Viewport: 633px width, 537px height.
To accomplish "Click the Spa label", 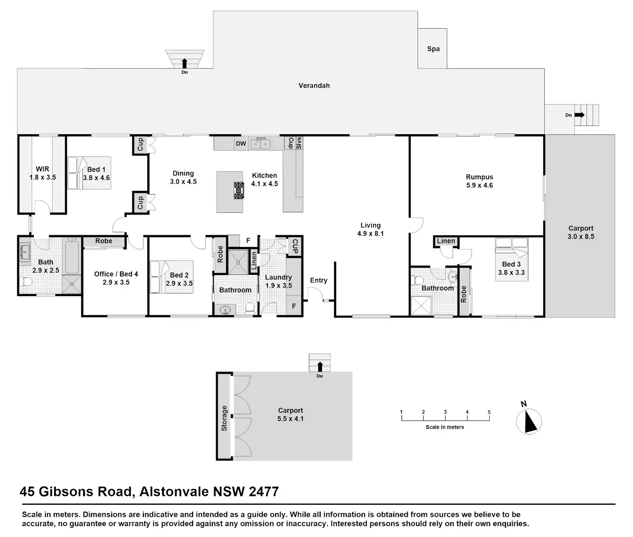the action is coord(433,49).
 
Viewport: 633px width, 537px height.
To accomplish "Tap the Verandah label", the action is coord(314,86).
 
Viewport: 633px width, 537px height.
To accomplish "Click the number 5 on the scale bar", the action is coord(489,412).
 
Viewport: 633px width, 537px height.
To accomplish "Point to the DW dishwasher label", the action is coord(241,144).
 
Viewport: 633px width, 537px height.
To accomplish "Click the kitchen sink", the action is coord(261,143).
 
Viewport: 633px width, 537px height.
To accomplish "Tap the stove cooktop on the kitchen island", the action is coord(239,190).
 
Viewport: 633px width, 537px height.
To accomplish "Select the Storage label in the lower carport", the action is coord(224,418).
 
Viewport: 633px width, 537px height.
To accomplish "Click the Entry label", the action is coord(319,280).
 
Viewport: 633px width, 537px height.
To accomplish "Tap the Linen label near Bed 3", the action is coord(446,241).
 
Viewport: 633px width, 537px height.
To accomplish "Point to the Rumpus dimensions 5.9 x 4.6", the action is coord(479,185).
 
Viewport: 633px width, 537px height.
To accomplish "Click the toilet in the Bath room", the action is coord(26,282).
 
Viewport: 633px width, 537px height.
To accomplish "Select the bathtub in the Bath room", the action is coord(72,257).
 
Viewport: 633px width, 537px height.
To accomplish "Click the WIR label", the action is coord(42,169).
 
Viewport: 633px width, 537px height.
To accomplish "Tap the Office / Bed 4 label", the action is coord(116,274).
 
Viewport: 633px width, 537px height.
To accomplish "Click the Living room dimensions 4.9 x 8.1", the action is coord(370,234).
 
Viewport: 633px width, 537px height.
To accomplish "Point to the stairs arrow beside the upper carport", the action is coord(579,115).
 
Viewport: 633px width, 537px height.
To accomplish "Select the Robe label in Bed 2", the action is coord(220,254).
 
